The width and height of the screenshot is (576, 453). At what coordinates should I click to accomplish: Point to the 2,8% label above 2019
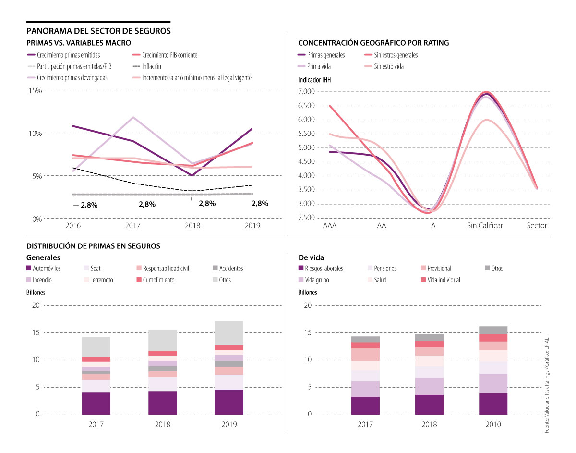pos(260,203)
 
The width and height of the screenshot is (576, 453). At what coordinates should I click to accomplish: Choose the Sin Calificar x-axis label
pos(485,226)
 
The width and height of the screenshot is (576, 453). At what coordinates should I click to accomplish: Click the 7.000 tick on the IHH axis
pos(306,91)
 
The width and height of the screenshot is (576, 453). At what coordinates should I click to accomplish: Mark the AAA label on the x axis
pos(330,226)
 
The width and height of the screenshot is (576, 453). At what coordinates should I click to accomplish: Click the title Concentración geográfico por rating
pos(373,43)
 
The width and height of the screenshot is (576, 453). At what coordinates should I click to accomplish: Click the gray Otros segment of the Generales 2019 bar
pos(229,333)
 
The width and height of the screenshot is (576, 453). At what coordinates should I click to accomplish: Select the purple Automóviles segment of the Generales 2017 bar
pos(96,403)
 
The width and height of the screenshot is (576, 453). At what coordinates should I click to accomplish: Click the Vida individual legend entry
pos(443,280)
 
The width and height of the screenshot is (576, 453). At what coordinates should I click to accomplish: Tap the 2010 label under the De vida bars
pos(493,425)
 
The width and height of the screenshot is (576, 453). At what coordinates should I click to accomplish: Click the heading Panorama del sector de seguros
pos(98,31)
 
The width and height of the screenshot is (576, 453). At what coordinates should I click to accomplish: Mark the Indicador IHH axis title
pos(314,80)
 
